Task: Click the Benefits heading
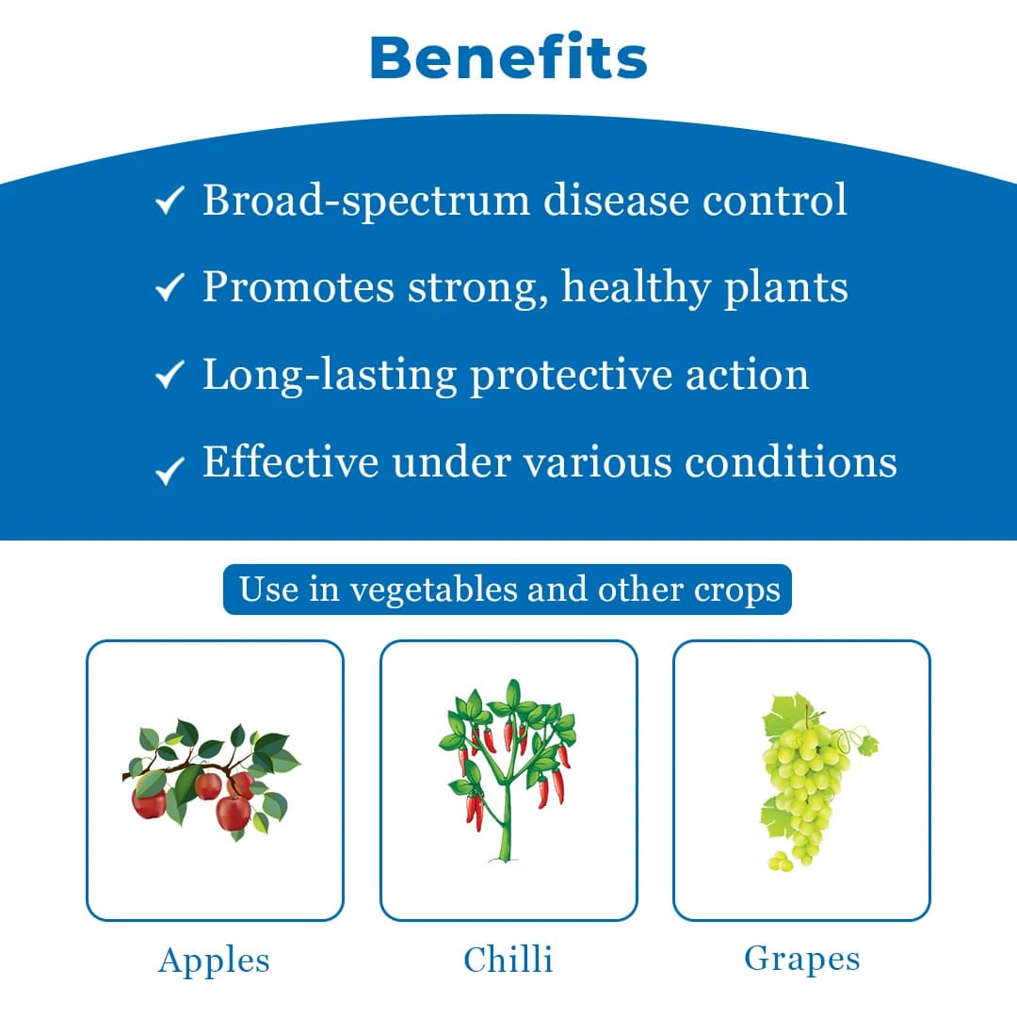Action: point(508,58)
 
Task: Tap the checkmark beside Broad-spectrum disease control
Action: point(169,201)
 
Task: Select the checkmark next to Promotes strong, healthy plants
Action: point(169,288)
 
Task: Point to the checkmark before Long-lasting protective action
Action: point(169,376)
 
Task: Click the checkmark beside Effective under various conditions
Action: point(169,468)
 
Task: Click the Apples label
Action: point(215,960)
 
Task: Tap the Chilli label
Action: point(508,960)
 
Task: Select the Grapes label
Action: point(801,959)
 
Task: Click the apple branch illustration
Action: point(213,778)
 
